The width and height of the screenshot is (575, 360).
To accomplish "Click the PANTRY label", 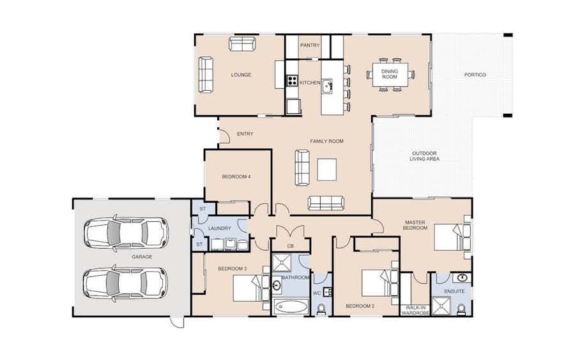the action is pos(310,45).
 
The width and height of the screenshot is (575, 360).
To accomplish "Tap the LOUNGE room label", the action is pos(241,75).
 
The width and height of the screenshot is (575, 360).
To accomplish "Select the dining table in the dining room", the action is pos(390,75).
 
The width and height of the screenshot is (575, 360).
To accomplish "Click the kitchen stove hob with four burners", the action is pos(292,81).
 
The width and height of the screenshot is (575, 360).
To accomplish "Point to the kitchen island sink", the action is pos(326,86).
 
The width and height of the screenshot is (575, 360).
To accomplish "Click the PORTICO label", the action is pos(475,75).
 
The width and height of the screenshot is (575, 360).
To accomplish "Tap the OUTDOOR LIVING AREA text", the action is pos(424,156).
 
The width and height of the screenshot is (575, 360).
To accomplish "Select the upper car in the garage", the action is pos(126,233).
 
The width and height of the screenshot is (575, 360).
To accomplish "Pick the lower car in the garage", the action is pos(126,283).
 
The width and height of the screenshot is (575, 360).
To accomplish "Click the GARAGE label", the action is pos(142,257).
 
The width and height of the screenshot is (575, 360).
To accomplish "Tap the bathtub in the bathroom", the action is pos(291,306).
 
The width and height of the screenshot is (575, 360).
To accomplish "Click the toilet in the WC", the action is pos(321,309).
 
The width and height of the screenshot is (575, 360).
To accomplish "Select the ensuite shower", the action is pos(441,306).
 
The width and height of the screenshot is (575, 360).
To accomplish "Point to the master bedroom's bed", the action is pos(452,237).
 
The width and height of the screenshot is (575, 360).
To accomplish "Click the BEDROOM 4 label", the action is pos(236,176).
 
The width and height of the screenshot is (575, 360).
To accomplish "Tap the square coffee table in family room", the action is pos(326,169).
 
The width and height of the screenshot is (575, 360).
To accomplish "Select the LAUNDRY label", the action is pos(219,228).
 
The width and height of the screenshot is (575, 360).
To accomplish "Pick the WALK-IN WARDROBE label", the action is pos(415,311).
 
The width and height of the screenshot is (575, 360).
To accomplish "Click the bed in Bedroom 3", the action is pos(252,288).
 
